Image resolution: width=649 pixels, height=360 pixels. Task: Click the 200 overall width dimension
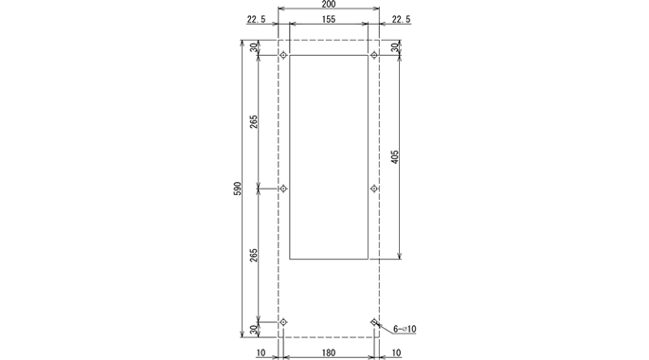(329, 5)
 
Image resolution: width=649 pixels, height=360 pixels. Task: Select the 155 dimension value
(329, 19)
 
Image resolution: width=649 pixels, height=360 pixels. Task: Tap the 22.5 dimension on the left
(256, 19)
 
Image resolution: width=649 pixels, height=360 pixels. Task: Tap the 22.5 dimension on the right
(401, 19)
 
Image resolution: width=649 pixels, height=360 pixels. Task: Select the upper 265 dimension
(254, 122)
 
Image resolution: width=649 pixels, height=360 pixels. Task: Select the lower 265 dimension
(254, 256)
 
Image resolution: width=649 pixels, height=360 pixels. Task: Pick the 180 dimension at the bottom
(329, 352)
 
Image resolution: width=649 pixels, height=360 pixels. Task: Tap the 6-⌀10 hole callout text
(405, 329)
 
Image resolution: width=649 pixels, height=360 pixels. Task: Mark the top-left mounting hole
(283, 55)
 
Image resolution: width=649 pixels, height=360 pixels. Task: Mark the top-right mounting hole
(374, 55)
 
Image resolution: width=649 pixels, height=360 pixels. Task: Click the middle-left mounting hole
(283, 189)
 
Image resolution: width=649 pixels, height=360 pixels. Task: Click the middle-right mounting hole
(374, 189)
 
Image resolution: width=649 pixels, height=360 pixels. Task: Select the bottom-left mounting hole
(283, 323)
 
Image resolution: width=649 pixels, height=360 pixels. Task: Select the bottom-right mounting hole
(374, 323)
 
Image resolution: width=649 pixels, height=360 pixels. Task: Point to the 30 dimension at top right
(395, 48)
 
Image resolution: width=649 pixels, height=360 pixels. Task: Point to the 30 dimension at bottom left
(254, 330)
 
